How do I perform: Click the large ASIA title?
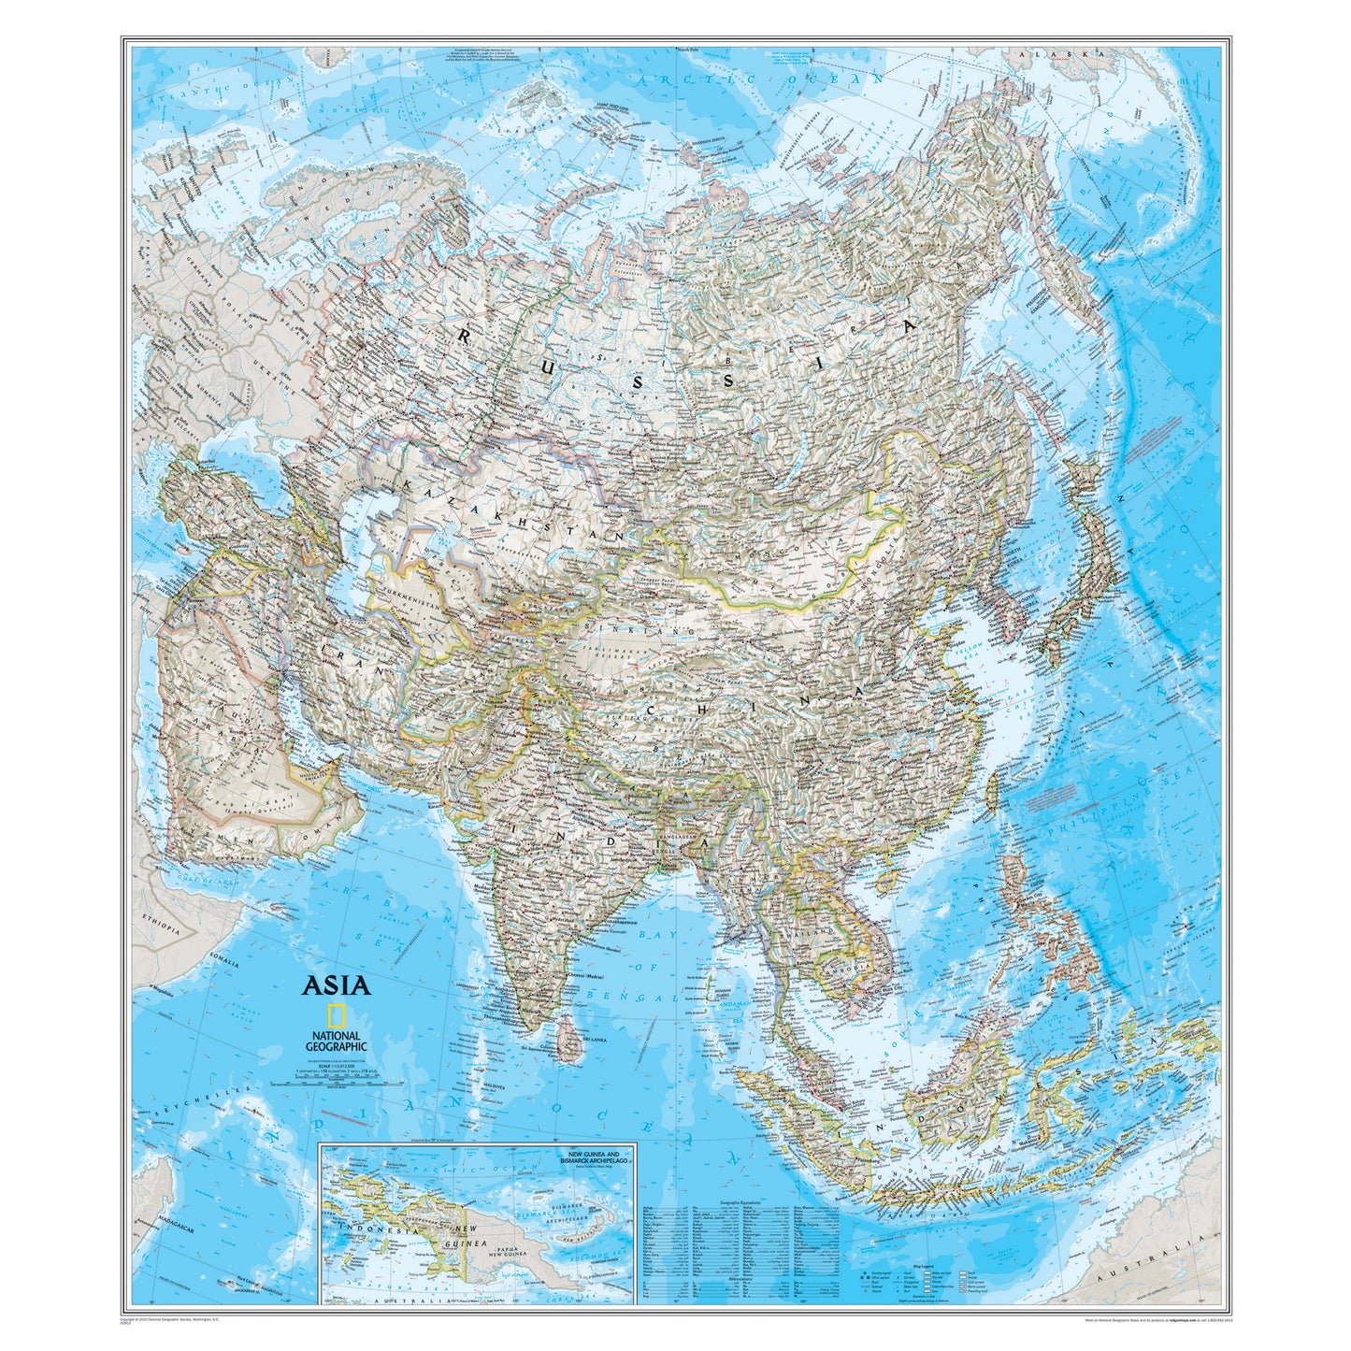[335, 985]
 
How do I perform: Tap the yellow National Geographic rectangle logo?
[335, 1015]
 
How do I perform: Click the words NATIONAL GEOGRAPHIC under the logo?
[335, 1042]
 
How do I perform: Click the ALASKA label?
[1066, 55]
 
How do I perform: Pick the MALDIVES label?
[494, 1086]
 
